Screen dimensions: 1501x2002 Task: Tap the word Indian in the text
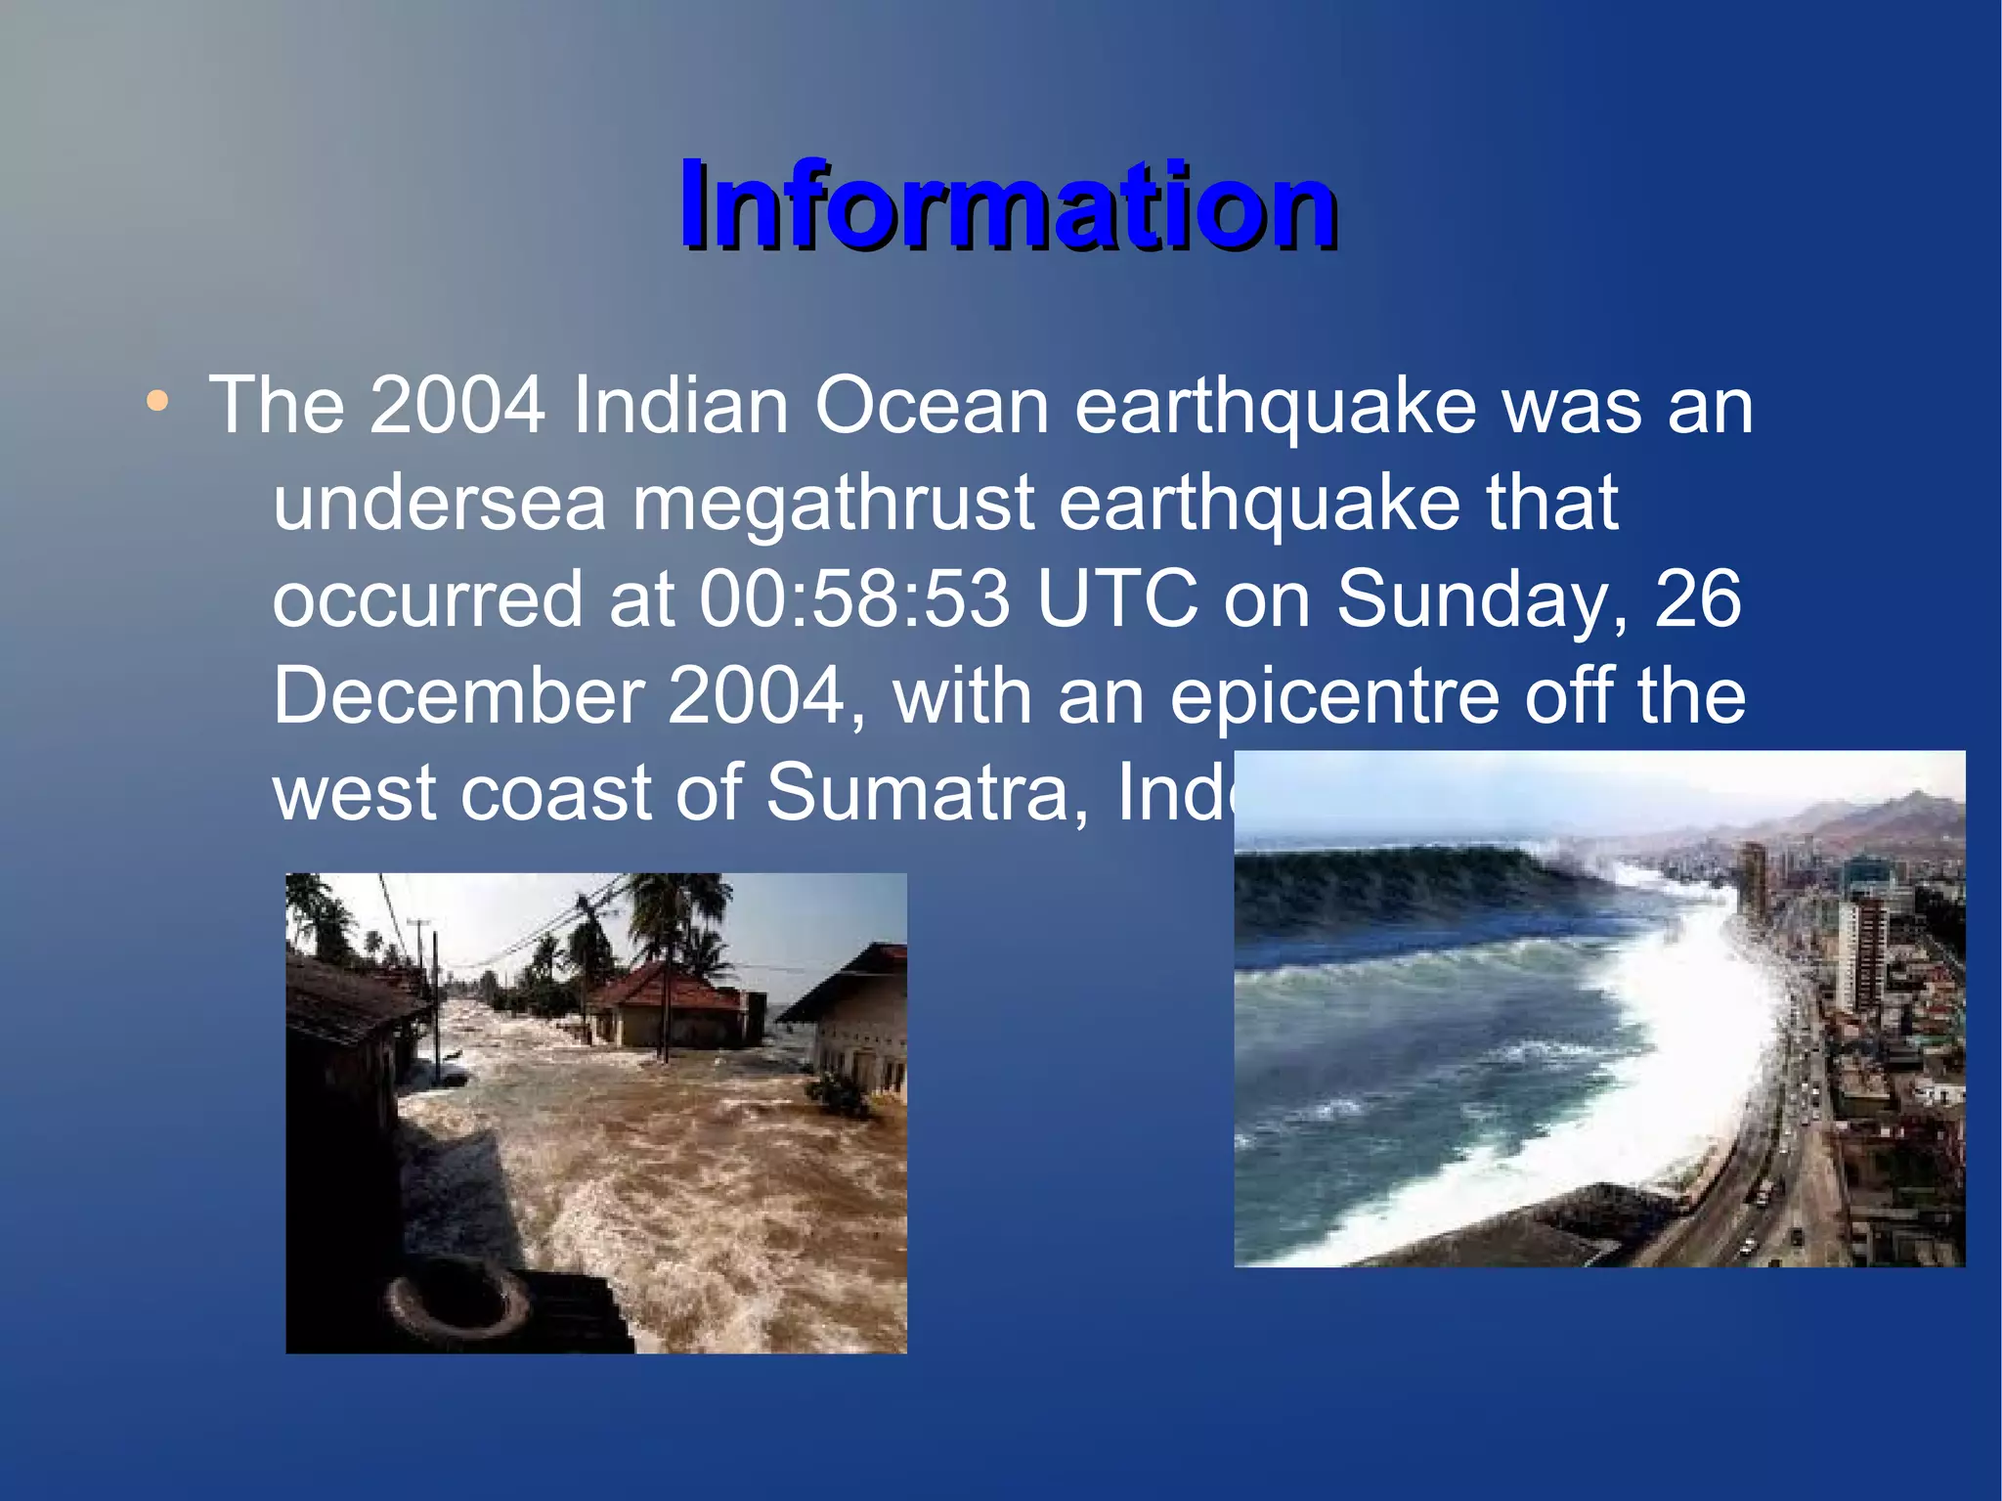pyautogui.click(x=680, y=406)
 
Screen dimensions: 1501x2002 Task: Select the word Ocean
pyautogui.click(x=932, y=406)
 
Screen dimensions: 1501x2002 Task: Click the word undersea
pyautogui.click(x=439, y=503)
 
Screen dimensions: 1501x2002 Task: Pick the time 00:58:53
pyautogui.click(x=854, y=598)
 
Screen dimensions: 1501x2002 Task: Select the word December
pyautogui.click(x=457, y=695)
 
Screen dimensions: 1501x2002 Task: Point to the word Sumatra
pyautogui.click(x=927, y=792)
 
